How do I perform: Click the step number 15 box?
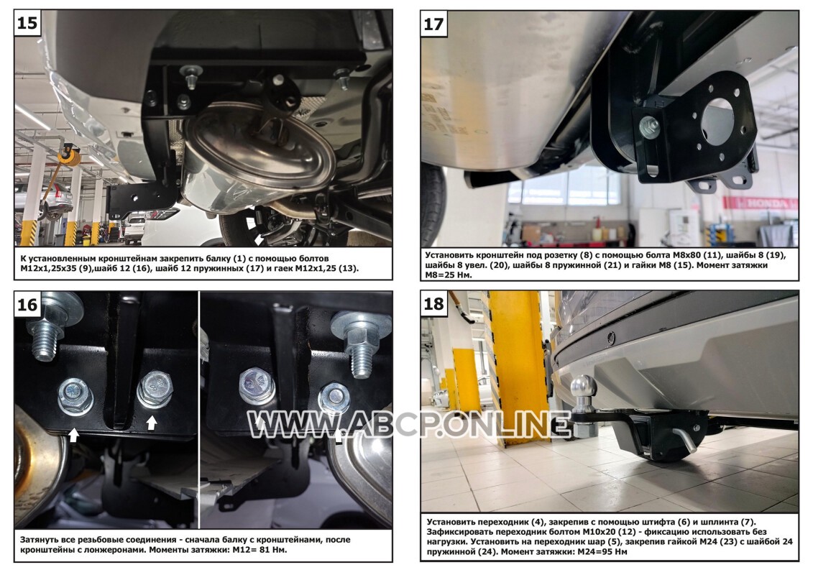pos(27,23)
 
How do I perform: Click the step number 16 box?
pos(27,304)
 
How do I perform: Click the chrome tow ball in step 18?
pos(583,388)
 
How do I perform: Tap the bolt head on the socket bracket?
pos(649,127)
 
